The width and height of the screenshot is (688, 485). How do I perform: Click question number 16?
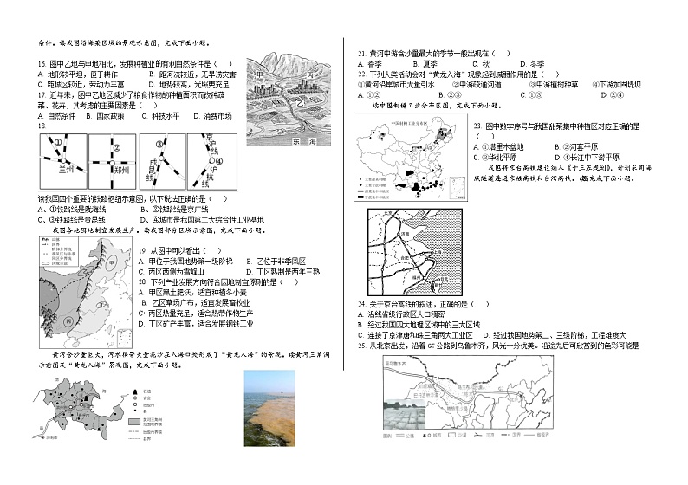coord(42,63)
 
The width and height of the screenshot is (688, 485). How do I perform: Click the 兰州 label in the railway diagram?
coord(62,170)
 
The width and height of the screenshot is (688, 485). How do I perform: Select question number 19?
coord(144,250)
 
